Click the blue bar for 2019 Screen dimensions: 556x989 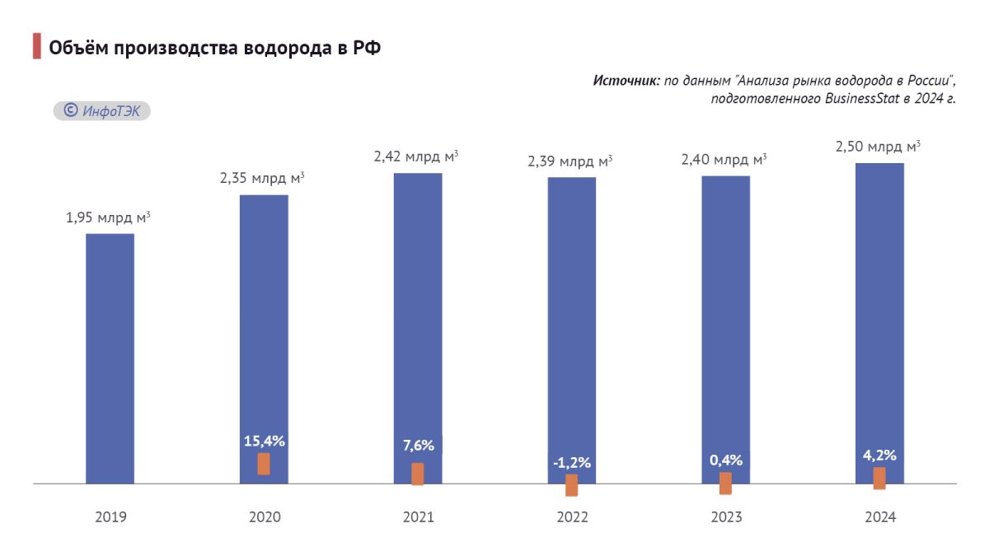(110, 358)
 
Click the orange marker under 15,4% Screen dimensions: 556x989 (264, 464)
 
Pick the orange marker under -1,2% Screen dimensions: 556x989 (572, 485)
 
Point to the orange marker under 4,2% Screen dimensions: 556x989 (879, 479)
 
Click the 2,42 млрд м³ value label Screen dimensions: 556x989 (416, 157)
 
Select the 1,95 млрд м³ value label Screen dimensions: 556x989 (108, 218)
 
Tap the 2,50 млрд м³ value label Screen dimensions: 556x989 (878, 147)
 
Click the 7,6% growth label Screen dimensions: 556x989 (418, 446)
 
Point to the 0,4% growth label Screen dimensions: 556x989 (726, 460)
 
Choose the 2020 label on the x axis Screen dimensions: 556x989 (265, 517)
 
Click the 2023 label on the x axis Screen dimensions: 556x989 (726, 517)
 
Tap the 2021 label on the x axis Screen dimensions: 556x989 (418, 517)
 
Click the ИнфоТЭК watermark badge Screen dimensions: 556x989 (102, 110)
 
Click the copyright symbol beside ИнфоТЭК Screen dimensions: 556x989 (71, 110)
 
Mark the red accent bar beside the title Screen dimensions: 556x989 (37, 46)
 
